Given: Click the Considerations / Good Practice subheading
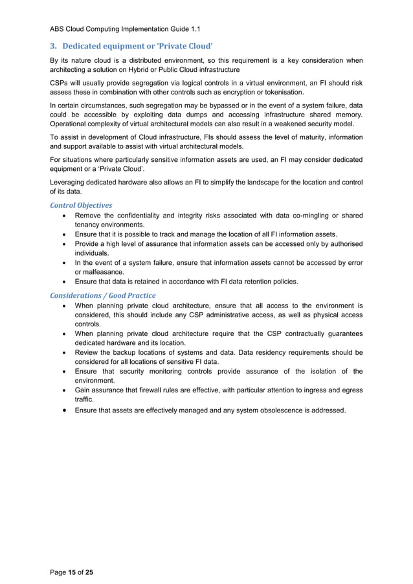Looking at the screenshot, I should [102, 295].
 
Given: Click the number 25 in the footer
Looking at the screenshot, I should [89, 572].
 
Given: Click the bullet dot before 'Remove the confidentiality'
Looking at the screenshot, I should [62, 216].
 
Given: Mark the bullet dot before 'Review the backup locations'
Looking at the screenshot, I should [62, 353].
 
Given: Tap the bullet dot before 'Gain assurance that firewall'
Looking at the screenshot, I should [62, 391].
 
